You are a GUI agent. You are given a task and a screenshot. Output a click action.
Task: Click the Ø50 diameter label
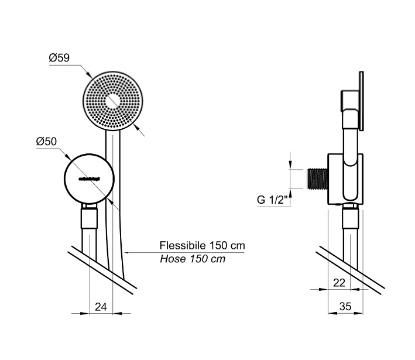[x=46, y=142]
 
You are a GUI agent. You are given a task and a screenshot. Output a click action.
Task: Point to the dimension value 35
[x=346, y=305]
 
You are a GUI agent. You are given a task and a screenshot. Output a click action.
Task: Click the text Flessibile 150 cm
[x=202, y=245]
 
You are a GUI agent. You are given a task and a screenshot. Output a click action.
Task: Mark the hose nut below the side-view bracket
[x=350, y=217]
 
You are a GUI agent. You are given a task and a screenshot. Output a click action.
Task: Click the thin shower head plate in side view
[x=363, y=102]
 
